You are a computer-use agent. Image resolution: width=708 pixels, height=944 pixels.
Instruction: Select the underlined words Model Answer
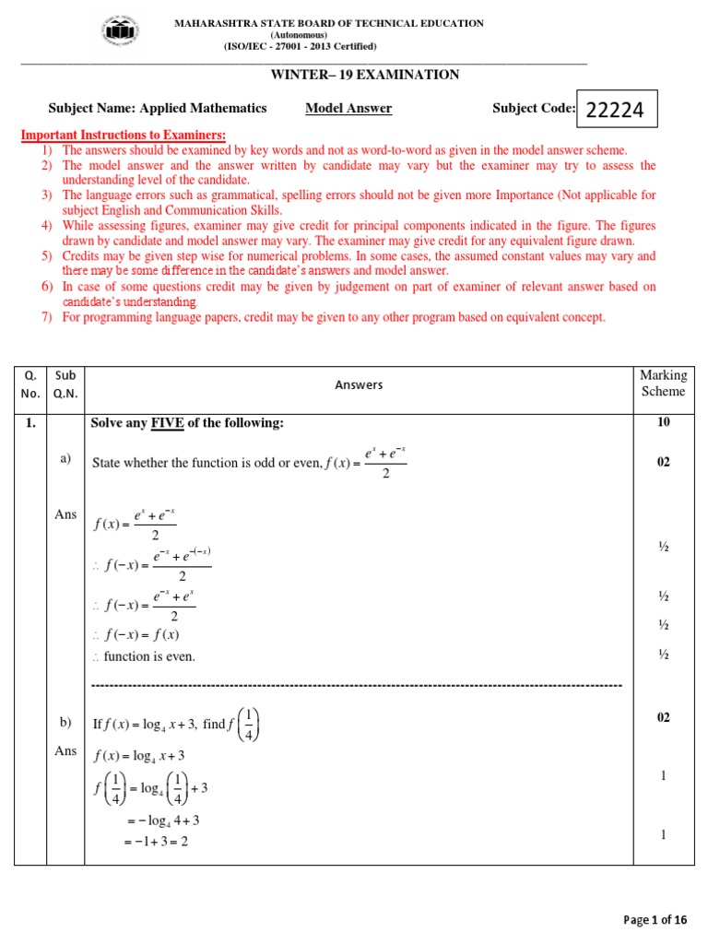click(x=348, y=108)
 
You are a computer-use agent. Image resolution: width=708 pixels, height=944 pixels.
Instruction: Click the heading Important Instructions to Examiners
click(x=124, y=136)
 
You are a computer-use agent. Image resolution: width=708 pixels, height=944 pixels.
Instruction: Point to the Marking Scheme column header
click(x=663, y=383)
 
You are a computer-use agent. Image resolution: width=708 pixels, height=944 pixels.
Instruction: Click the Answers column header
click(x=359, y=384)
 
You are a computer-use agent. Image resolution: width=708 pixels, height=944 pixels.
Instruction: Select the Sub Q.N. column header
click(x=65, y=383)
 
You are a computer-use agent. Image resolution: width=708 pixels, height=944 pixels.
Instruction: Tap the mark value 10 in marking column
click(x=663, y=422)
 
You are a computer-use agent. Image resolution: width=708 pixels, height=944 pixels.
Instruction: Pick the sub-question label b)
click(x=65, y=725)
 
